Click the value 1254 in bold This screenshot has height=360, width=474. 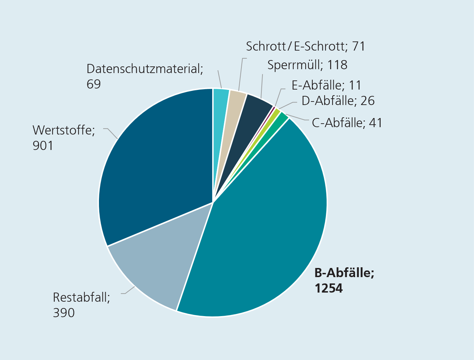(x=329, y=288)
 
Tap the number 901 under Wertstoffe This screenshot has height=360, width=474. (x=43, y=145)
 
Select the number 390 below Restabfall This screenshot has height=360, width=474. (x=64, y=313)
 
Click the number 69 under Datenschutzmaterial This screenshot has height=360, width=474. (x=94, y=84)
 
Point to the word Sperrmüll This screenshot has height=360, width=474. (x=295, y=65)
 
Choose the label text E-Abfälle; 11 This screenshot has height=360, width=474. (x=326, y=85)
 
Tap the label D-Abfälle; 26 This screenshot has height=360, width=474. (x=338, y=101)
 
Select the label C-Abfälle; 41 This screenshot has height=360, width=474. (x=347, y=123)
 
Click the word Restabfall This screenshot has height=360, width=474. (x=81, y=297)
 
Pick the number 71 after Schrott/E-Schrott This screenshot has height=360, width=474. (x=359, y=46)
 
